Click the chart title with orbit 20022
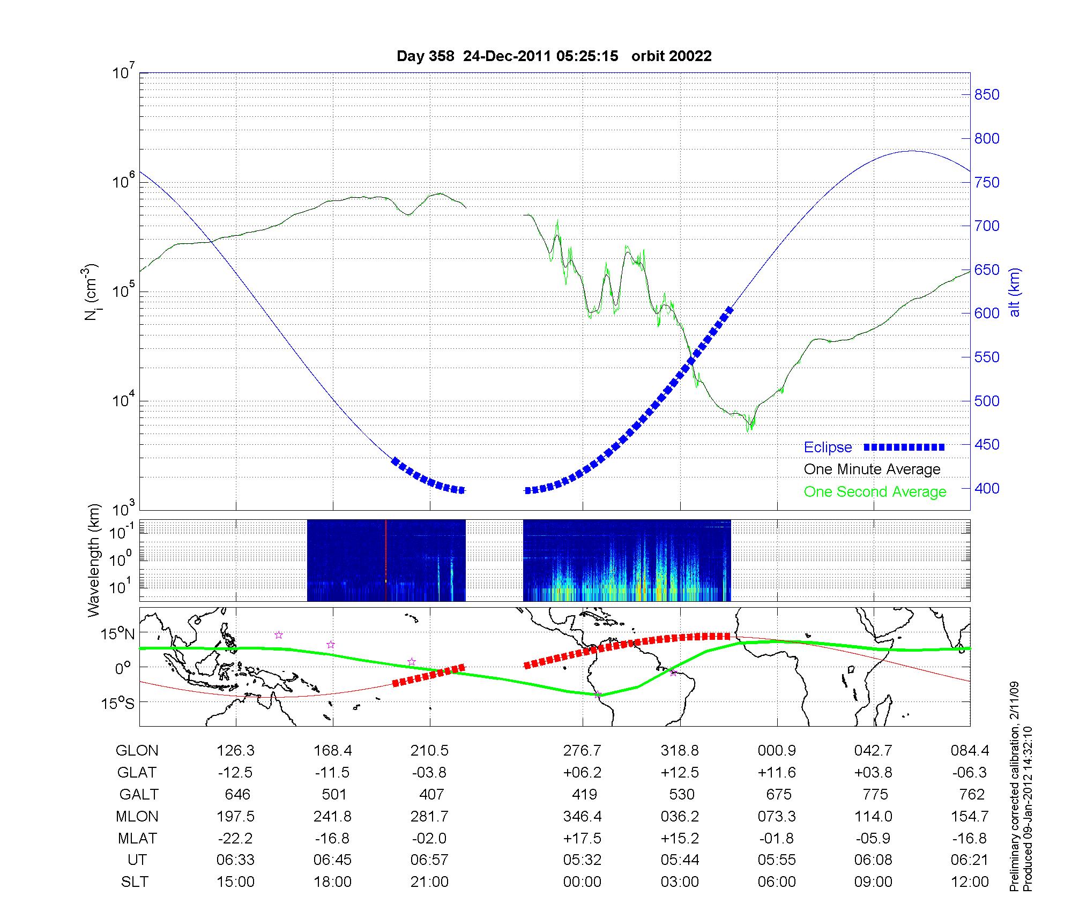(x=554, y=56)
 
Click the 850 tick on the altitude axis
(x=987, y=95)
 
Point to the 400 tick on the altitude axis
(x=987, y=488)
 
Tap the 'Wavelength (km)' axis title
(x=93, y=561)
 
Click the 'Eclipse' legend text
(x=828, y=447)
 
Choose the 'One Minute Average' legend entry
(x=872, y=469)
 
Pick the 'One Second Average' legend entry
(x=875, y=492)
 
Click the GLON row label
(x=137, y=751)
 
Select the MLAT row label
(x=137, y=838)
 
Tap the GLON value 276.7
(x=582, y=751)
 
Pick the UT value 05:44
(x=680, y=860)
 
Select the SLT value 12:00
(x=970, y=882)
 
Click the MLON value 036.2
(x=680, y=817)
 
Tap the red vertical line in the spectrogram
(x=386, y=560)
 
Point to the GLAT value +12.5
(x=680, y=773)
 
